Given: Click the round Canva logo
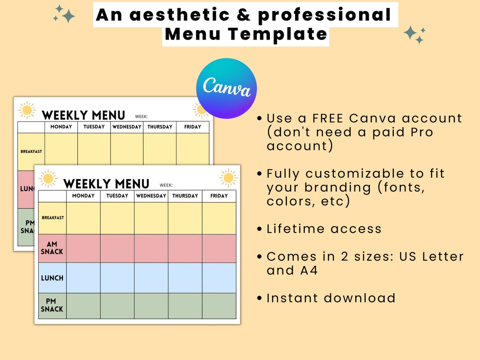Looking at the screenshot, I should (x=226, y=88).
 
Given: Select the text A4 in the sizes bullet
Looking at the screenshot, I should (x=309, y=270).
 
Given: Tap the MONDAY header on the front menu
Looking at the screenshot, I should (x=83, y=196).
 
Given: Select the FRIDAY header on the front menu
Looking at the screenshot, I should (x=219, y=196).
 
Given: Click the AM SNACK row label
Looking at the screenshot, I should (x=52, y=248).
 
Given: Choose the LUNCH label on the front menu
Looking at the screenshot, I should (x=52, y=278).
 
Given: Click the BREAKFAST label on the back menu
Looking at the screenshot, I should (x=31, y=152).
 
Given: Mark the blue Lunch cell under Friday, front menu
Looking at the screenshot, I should (x=219, y=278).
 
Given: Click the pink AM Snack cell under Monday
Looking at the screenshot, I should (x=83, y=248).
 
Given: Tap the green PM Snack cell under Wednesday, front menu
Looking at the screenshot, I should (x=151, y=306).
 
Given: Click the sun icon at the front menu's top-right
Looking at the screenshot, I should (x=229, y=178).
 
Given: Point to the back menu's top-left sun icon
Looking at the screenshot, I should (x=27, y=110).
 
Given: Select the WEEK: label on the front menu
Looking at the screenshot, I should (x=166, y=185).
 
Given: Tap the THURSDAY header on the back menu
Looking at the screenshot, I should (x=160, y=127).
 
